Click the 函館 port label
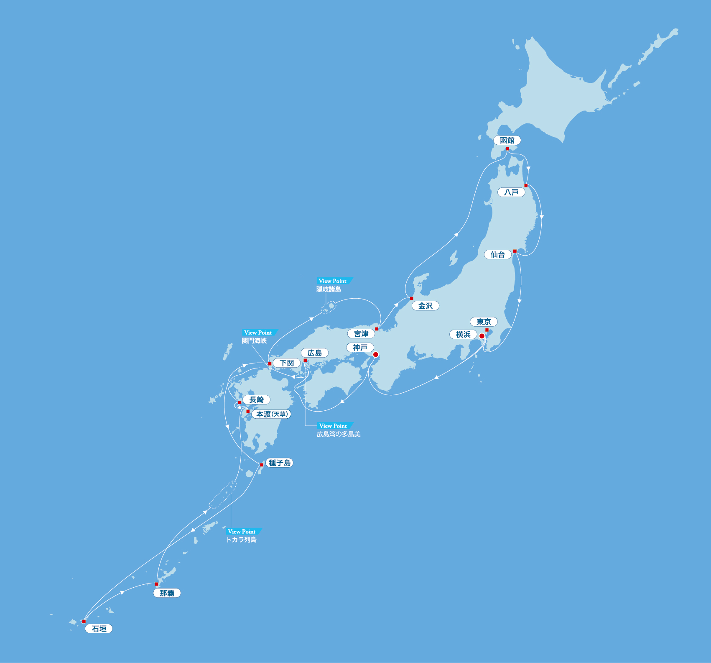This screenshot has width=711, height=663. pos(507,141)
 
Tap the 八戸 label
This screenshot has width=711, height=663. pos(511,192)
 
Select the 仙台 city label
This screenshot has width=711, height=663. pos(497,255)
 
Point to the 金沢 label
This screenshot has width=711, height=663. pos(426,306)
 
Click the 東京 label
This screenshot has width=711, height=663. pos(484,322)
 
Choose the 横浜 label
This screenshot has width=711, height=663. pos(463,335)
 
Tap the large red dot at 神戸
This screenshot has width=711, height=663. pos(375,355)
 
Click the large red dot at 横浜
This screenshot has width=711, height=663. pos(482,336)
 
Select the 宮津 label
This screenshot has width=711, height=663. pos(361,334)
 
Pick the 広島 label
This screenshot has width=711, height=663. pos(315,353)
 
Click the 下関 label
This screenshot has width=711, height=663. pos(287,363)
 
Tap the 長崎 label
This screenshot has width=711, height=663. pos(257,400)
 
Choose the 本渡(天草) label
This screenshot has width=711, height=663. pos(271,414)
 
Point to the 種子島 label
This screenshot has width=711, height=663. pos(280,463)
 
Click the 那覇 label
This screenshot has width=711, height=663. pos(167,593)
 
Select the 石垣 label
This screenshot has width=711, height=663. pos(99,629)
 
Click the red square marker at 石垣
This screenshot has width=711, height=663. pos(84,621)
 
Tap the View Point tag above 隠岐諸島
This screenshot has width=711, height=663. pos(333,281)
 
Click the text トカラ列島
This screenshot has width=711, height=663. pos(241,540)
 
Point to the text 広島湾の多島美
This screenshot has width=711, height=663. pos(339,434)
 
